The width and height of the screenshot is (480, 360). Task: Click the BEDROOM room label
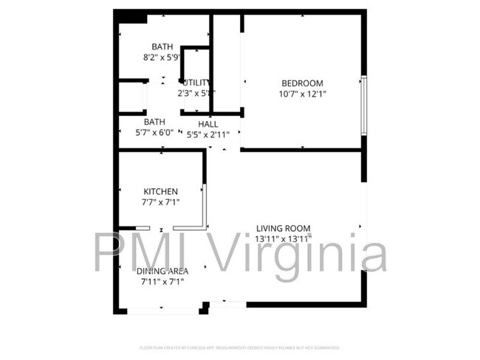tap(302, 83)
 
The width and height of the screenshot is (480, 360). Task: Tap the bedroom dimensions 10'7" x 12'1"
tap(302, 94)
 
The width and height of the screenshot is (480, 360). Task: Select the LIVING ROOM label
tap(283, 228)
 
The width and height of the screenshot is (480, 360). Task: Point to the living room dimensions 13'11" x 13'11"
tap(283, 239)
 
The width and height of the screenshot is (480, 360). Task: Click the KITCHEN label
tap(160, 191)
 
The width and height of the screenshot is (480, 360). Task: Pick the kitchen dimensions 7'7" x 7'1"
tap(160, 201)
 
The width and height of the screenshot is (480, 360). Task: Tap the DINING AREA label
tap(162, 271)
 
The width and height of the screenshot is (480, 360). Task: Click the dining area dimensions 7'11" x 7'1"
tap(162, 281)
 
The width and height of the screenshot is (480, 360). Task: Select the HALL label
tap(208, 123)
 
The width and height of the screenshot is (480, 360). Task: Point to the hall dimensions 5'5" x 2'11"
tap(208, 134)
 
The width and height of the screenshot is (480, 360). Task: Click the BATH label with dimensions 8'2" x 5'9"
tap(162, 46)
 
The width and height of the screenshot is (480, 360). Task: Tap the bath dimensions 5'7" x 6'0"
tap(154, 133)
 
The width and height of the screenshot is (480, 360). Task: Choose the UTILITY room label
tap(196, 83)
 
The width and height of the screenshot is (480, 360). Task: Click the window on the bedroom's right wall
tap(363, 104)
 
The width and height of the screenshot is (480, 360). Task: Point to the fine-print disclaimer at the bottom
tap(239, 347)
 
